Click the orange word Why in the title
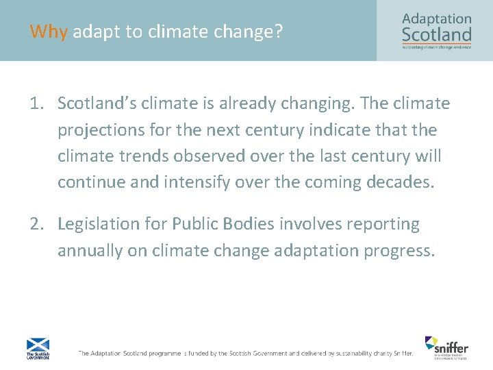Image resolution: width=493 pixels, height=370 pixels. (49, 32)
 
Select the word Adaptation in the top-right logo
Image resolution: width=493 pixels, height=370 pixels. (437, 18)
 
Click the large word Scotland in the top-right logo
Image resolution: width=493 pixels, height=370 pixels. (437, 34)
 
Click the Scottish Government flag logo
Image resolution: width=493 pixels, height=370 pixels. (37, 348)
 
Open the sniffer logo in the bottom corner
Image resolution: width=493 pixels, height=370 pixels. (446, 347)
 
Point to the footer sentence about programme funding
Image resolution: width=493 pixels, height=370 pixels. (245, 353)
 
